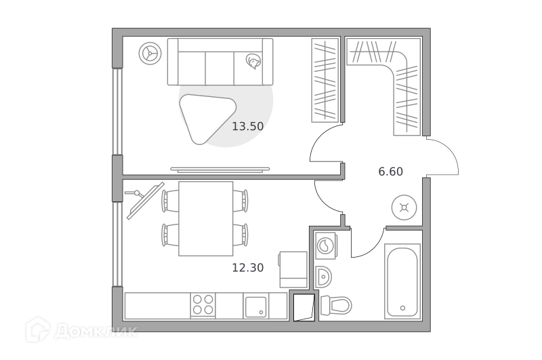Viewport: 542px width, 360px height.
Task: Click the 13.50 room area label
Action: [247, 126]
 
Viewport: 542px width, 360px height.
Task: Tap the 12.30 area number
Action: [247, 268]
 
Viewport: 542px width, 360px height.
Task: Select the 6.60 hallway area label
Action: [391, 172]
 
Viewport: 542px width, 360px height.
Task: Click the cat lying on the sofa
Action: [253, 61]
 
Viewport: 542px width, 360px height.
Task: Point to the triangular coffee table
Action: [207, 118]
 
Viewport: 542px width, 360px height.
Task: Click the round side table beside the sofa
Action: [150, 54]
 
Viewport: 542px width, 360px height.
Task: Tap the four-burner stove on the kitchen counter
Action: [203, 304]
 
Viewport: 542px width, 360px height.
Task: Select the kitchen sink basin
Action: [256, 306]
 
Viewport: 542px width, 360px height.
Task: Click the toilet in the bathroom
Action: [335, 305]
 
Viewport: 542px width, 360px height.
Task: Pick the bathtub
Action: [402, 281]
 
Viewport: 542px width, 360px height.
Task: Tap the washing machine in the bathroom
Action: [326, 246]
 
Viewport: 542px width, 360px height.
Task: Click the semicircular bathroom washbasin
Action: [324, 277]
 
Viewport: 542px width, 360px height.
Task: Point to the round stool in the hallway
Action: [404, 208]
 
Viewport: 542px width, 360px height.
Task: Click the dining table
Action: [206, 218]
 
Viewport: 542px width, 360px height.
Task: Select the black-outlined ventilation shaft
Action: [304, 307]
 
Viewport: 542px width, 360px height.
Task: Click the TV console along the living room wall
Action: [220, 169]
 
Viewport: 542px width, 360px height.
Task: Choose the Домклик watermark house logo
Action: [38, 329]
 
